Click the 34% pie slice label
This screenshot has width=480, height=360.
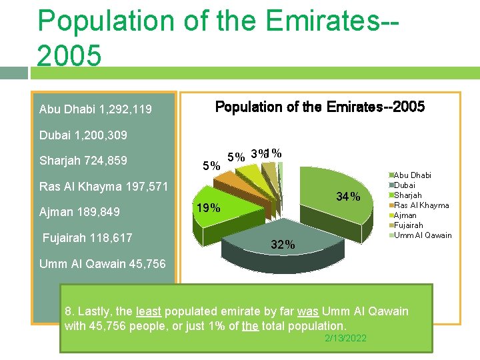pos(348,197)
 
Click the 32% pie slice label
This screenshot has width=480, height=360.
pos(283,245)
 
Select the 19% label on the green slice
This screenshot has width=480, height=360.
pos(207,207)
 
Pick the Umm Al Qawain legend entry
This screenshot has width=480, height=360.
pos(423,235)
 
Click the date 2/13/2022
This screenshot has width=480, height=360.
pos(345,339)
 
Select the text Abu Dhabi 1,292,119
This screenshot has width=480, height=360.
pos(95,109)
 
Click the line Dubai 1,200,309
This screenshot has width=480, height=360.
pos(83,135)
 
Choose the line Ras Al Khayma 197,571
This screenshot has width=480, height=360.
pos(104,186)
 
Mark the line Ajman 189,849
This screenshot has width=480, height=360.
pos(79,212)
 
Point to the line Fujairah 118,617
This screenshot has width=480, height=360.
pos(87,238)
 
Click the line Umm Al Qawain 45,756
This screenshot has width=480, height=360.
pos(102,263)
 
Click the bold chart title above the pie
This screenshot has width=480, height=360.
pos(319,107)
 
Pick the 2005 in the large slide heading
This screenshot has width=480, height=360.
pos(69,56)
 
